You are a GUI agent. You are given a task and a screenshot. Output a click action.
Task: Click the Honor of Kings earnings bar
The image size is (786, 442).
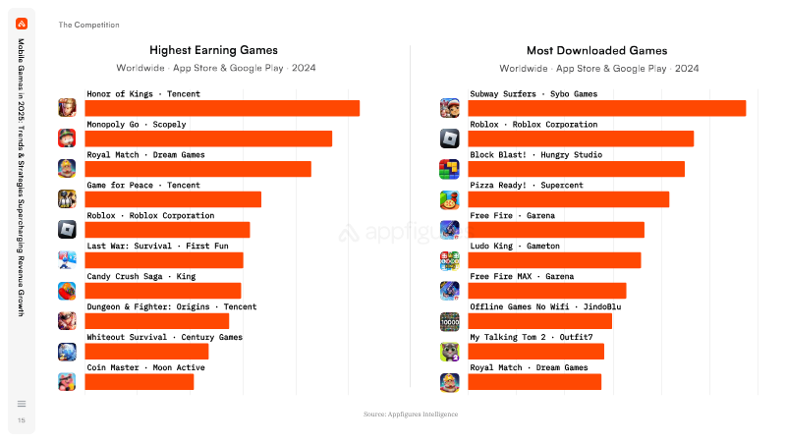[222, 108]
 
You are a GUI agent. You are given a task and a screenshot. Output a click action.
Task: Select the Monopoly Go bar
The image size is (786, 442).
[208, 138]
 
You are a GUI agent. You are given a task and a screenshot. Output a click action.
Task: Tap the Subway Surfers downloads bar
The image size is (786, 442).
[607, 108]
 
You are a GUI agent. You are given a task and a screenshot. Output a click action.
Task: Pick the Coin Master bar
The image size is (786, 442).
[140, 382]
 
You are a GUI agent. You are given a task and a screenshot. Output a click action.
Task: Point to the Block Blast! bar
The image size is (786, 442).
[577, 169]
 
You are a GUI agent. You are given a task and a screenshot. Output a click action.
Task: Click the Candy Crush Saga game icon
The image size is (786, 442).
[67, 291]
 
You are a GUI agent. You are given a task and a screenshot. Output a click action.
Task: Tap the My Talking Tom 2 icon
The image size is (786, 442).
[450, 352]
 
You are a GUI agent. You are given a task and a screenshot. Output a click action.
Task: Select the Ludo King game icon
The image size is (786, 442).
[450, 260]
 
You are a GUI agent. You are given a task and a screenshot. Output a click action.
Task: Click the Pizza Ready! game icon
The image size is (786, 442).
[450, 200]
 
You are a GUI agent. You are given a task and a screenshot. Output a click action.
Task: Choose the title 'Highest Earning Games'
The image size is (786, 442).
[213, 50]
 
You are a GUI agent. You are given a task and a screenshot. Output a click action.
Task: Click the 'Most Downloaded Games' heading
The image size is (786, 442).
[597, 51]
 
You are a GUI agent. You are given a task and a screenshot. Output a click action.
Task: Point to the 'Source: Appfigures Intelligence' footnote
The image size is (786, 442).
[411, 414]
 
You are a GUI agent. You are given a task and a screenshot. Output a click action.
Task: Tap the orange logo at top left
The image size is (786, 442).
[22, 24]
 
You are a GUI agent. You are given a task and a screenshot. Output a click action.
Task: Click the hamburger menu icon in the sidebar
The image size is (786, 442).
[22, 404]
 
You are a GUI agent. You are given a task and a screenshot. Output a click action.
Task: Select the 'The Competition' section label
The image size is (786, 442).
[88, 25]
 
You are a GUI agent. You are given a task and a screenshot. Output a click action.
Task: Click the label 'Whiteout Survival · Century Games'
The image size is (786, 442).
[164, 337]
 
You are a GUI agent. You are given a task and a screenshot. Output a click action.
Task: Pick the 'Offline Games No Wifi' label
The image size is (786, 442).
[520, 306]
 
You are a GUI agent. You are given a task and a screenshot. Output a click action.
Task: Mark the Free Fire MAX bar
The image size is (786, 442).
[547, 291]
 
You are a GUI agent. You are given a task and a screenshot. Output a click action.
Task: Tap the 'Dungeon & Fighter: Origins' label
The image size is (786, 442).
[148, 306]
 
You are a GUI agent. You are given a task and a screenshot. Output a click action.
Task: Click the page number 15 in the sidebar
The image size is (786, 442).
[22, 420]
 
